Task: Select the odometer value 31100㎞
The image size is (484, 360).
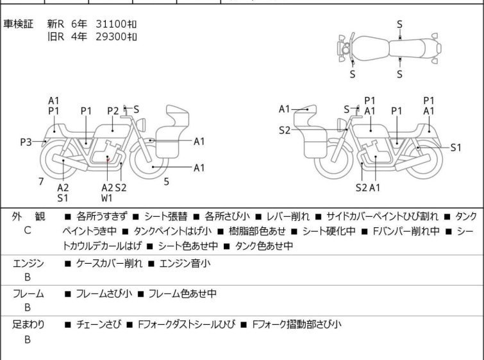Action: point(117,24)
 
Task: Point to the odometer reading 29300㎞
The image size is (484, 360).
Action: point(117,37)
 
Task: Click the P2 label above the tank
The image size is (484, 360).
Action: point(113,110)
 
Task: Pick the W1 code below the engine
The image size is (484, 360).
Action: point(107,198)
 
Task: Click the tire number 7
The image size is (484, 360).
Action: point(41,181)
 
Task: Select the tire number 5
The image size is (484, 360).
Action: point(166,181)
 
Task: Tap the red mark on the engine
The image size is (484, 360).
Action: point(109,158)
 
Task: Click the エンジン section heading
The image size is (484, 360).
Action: point(28,263)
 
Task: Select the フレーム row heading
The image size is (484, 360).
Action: point(28,294)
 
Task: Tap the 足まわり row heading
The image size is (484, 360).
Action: point(28,325)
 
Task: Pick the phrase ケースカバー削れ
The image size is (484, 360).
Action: point(105,263)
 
